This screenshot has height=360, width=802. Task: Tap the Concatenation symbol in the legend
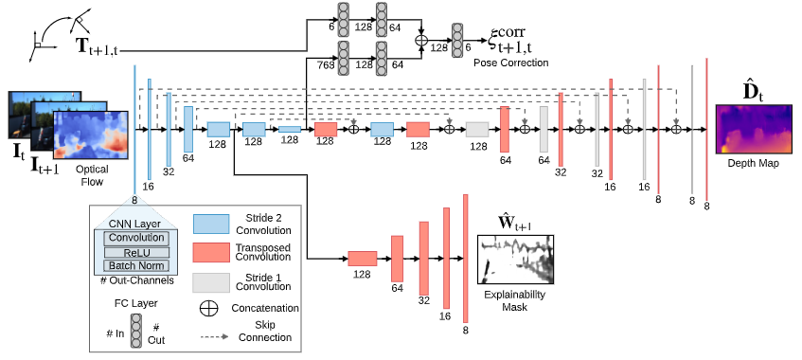211,309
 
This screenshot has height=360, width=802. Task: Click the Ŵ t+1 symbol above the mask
515,224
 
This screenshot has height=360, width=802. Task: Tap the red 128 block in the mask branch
363,259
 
